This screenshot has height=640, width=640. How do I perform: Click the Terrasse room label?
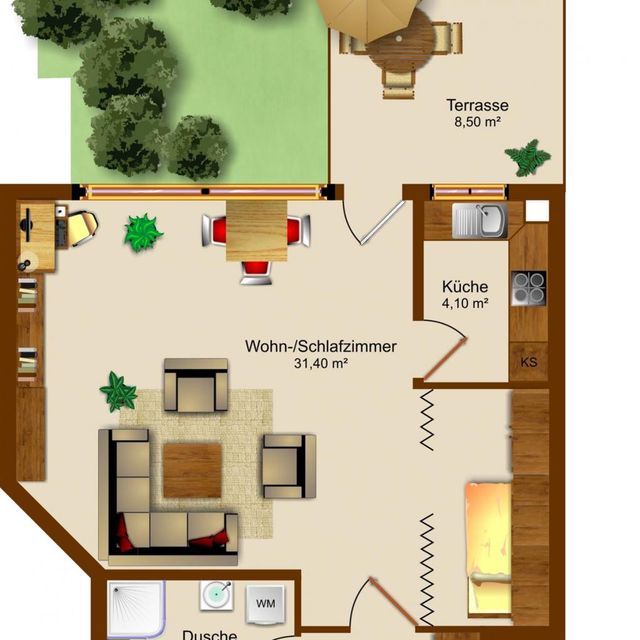point(477,105)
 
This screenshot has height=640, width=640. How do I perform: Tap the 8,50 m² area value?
point(478,121)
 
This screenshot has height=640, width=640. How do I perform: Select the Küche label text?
point(465,287)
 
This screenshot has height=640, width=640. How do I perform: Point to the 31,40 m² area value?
point(321,363)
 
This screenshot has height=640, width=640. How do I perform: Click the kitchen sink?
point(480,221)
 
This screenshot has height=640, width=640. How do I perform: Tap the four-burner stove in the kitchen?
point(529,288)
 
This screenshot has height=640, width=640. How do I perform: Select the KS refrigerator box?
point(529,362)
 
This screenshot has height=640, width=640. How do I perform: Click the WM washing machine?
point(266,604)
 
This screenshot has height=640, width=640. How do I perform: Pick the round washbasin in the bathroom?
point(217,596)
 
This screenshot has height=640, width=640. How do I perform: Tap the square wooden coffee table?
point(192,471)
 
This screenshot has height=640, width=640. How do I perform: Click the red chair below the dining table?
point(256,272)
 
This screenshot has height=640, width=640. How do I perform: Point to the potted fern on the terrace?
point(527,158)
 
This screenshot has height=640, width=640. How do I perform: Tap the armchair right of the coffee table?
point(289,466)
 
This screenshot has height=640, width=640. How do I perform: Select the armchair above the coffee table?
point(196,385)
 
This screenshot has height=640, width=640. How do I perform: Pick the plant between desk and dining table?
point(143,233)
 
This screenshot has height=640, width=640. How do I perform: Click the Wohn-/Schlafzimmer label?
point(321,346)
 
